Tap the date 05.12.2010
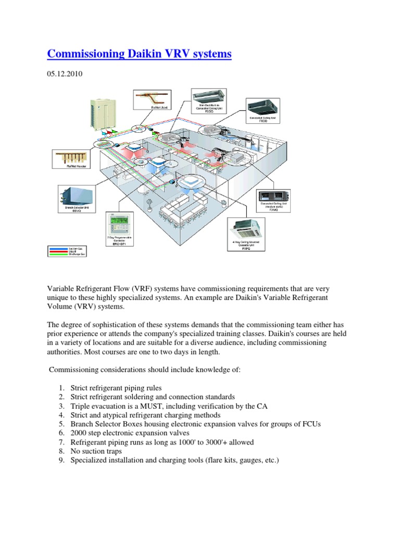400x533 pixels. pos(65,74)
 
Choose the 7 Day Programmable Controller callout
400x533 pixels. pos(120,230)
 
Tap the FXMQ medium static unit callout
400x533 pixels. pos(276,200)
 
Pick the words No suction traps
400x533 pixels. pos(96,451)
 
